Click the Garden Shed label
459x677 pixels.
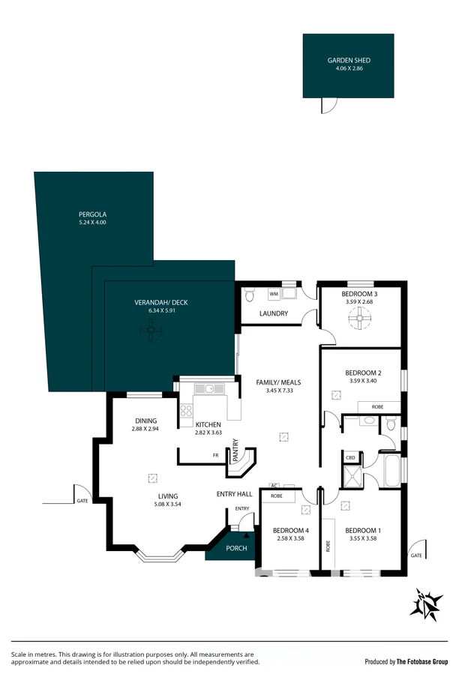(349, 61)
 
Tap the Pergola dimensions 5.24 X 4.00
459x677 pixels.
(92, 223)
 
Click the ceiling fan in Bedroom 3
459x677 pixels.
(359, 319)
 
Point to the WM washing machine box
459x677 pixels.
(274, 294)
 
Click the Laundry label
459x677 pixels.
(274, 313)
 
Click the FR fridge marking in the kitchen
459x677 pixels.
(215, 455)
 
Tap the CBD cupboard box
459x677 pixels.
(350, 457)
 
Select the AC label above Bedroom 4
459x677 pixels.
(274, 486)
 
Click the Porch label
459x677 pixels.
(236, 548)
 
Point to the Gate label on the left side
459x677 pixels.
(81, 500)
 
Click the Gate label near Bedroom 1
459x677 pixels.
(415, 556)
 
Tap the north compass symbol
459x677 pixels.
(425, 604)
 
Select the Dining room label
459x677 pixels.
(145, 421)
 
